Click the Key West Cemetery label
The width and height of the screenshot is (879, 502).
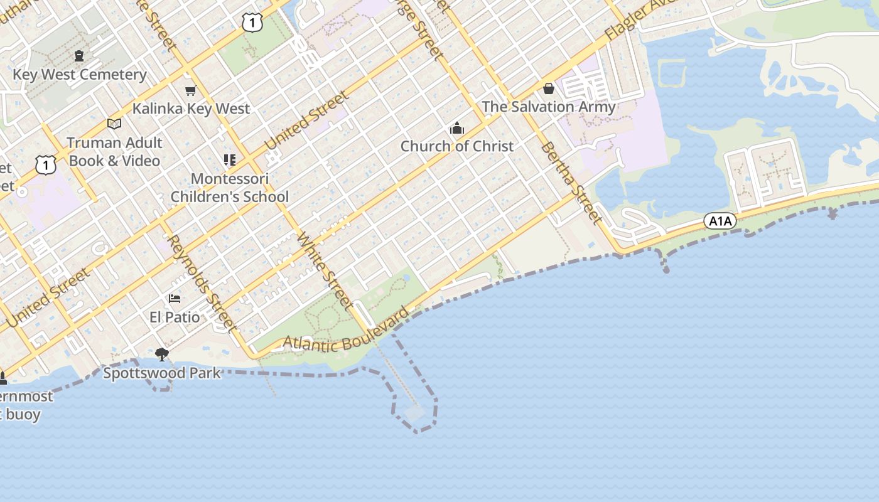tap(80, 75)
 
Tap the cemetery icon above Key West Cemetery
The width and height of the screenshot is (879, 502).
tap(79, 56)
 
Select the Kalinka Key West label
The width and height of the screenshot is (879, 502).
tap(191, 109)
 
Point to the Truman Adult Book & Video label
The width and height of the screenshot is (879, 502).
tap(114, 152)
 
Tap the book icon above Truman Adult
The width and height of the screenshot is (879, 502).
tap(114, 124)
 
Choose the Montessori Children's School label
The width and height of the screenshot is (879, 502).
tap(230, 188)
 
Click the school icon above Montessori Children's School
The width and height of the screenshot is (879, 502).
tap(230, 160)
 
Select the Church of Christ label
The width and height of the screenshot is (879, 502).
tap(457, 146)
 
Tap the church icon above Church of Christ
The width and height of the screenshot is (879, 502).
tap(457, 129)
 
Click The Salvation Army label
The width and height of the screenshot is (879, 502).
tap(549, 107)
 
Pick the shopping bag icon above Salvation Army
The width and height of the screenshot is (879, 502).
tap(549, 88)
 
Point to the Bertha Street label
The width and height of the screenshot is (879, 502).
tap(571, 182)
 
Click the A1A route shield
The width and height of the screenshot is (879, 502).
tap(720, 221)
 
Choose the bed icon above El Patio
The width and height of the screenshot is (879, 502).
tap(175, 298)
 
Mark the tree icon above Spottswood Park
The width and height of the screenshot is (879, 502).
tap(162, 355)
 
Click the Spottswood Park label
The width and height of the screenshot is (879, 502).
tap(162, 373)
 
